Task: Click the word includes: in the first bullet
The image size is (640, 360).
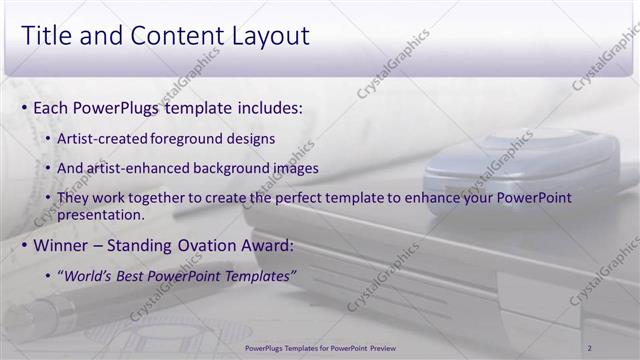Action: pos(267,107)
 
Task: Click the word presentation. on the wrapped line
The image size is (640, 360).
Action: pos(100,214)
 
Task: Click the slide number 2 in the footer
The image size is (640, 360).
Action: pos(590,347)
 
